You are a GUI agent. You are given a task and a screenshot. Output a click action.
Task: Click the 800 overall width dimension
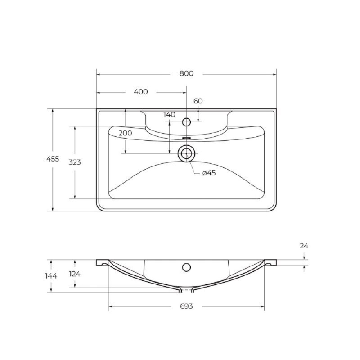(x=186, y=73)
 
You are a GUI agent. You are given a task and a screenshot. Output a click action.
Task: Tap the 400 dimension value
(x=141, y=92)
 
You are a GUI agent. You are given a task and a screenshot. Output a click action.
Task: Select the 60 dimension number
(x=198, y=101)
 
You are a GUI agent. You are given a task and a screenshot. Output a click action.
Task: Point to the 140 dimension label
(x=170, y=115)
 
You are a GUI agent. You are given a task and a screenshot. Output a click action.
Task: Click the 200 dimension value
(x=125, y=133)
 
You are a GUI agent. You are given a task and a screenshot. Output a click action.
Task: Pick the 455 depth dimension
(x=53, y=159)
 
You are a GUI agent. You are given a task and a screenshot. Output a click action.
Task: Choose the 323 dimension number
(x=75, y=162)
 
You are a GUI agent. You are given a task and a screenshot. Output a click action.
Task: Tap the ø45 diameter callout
(x=209, y=173)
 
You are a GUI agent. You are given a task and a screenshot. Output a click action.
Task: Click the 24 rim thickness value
(x=304, y=246)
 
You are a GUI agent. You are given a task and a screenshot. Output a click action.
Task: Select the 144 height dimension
(x=51, y=276)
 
